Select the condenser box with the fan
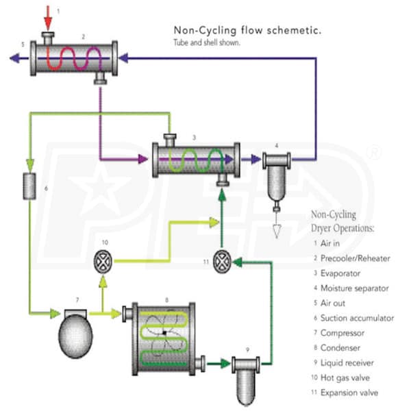164,333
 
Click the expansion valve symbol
221,260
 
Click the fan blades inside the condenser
164,333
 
